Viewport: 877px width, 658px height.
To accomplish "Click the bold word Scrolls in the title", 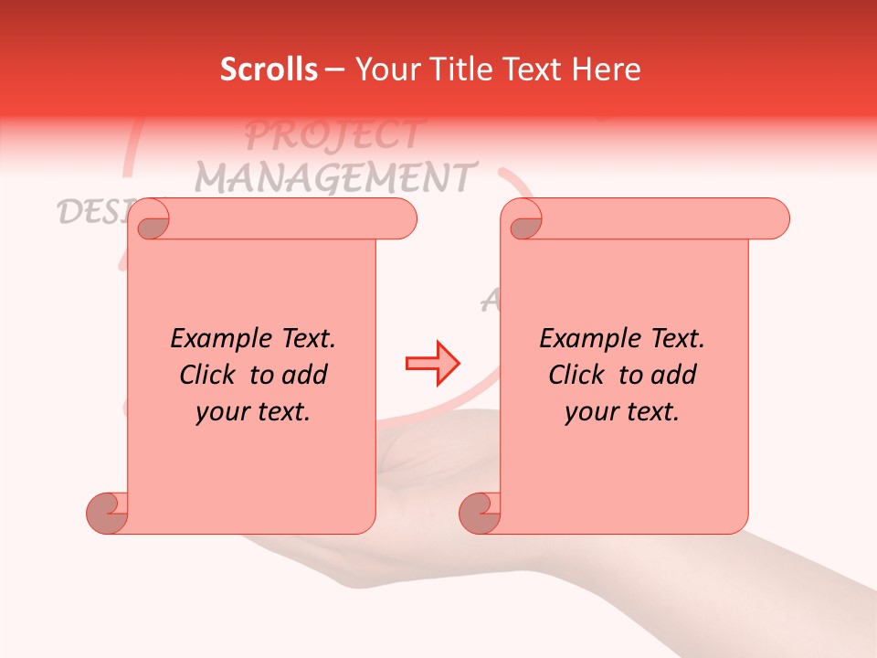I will [269, 69].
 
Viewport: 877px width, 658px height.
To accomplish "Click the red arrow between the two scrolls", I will [432, 364].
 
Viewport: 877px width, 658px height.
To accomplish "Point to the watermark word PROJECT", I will [333, 135].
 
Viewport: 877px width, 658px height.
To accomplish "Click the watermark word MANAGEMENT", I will [336, 175].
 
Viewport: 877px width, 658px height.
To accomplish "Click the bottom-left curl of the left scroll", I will [107, 512].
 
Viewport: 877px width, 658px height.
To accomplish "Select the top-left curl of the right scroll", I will [525, 221].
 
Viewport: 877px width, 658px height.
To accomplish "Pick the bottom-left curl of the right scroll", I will [480, 512].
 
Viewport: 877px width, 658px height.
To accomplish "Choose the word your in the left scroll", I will [222, 413].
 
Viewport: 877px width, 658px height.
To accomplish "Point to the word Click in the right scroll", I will [576, 376].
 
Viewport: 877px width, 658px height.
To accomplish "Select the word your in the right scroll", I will [591, 413].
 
